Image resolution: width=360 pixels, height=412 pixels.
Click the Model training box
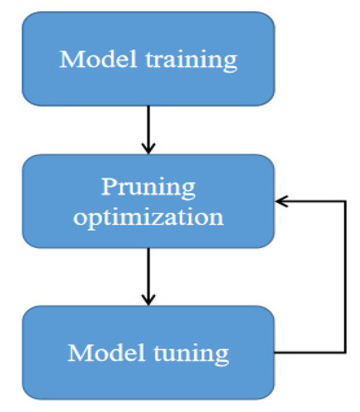coord(148,58)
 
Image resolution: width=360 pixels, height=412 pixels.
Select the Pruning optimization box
coord(148,200)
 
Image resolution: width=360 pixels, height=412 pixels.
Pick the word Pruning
coord(148,185)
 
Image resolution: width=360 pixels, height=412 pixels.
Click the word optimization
coord(148,217)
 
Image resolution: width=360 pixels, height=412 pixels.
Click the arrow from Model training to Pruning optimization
coord(148,127)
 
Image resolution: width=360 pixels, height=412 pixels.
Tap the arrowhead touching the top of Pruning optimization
coord(148,148)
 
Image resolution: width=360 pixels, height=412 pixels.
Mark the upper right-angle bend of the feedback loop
coord(344,201)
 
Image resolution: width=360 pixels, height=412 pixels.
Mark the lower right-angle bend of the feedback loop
coord(344,352)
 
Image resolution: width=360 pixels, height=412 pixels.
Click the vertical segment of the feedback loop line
coord(344,277)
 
